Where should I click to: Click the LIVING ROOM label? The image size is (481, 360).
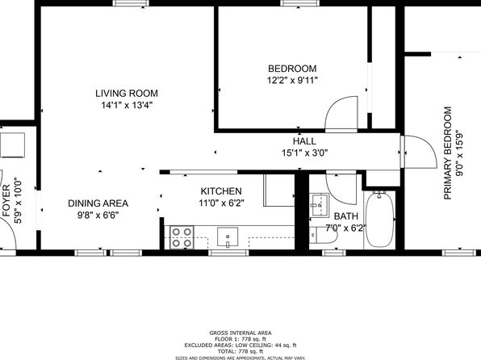click(x=127, y=94)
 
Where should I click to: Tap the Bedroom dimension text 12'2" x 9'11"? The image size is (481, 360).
click(x=292, y=81)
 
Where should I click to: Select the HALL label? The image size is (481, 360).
click(x=304, y=141)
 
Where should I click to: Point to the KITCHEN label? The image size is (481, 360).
click(x=221, y=191)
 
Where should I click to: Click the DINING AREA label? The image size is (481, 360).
click(x=98, y=203)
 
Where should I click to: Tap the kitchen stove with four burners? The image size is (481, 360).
click(x=182, y=237)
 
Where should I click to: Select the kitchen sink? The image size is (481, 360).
click(x=228, y=237)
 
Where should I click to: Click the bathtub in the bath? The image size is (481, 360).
click(x=380, y=220)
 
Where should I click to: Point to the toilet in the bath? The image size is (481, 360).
click(x=323, y=236)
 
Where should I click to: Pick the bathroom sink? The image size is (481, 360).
click(x=319, y=204)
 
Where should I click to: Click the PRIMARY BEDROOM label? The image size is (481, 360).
click(x=448, y=153)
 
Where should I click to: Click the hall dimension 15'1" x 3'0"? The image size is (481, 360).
click(x=305, y=153)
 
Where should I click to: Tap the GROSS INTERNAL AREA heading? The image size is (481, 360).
click(x=240, y=333)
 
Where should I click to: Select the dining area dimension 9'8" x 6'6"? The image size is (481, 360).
click(x=98, y=216)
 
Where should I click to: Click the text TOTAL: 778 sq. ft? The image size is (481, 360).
click(x=240, y=351)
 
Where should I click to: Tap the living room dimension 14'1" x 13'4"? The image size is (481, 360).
click(x=127, y=105)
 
